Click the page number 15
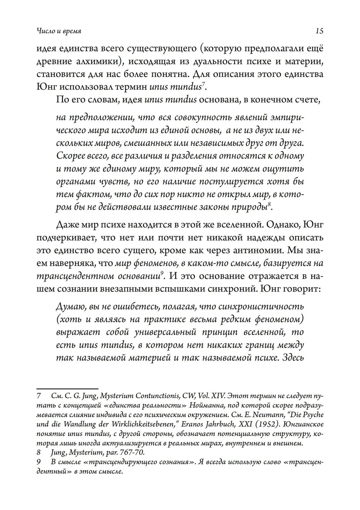319,31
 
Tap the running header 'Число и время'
59,31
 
